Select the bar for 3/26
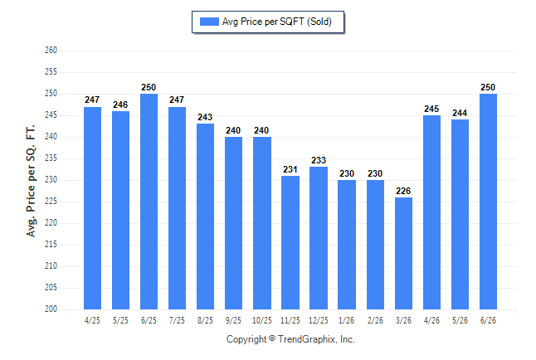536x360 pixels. [403, 253]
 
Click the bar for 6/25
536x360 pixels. [149, 202]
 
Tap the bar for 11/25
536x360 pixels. [290, 242]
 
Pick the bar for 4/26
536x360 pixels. [431, 212]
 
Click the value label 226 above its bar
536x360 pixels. [403, 191]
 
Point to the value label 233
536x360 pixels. [319, 160]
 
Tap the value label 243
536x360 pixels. [205, 117]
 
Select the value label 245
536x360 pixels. [431, 109]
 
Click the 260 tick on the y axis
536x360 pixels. [51, 51]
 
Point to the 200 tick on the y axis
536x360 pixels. [51, 309]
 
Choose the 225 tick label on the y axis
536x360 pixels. [51, 201]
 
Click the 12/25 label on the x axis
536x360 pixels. [319, 320]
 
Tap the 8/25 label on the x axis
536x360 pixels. [205, 320]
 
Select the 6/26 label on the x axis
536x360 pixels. [488, 320]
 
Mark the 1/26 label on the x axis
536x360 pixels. [347, 320]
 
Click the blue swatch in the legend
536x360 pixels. [209, 22]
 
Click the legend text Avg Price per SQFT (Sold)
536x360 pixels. [277, 22]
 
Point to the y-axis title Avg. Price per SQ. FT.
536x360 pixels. [31, 181]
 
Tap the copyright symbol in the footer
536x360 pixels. [272, 338]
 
